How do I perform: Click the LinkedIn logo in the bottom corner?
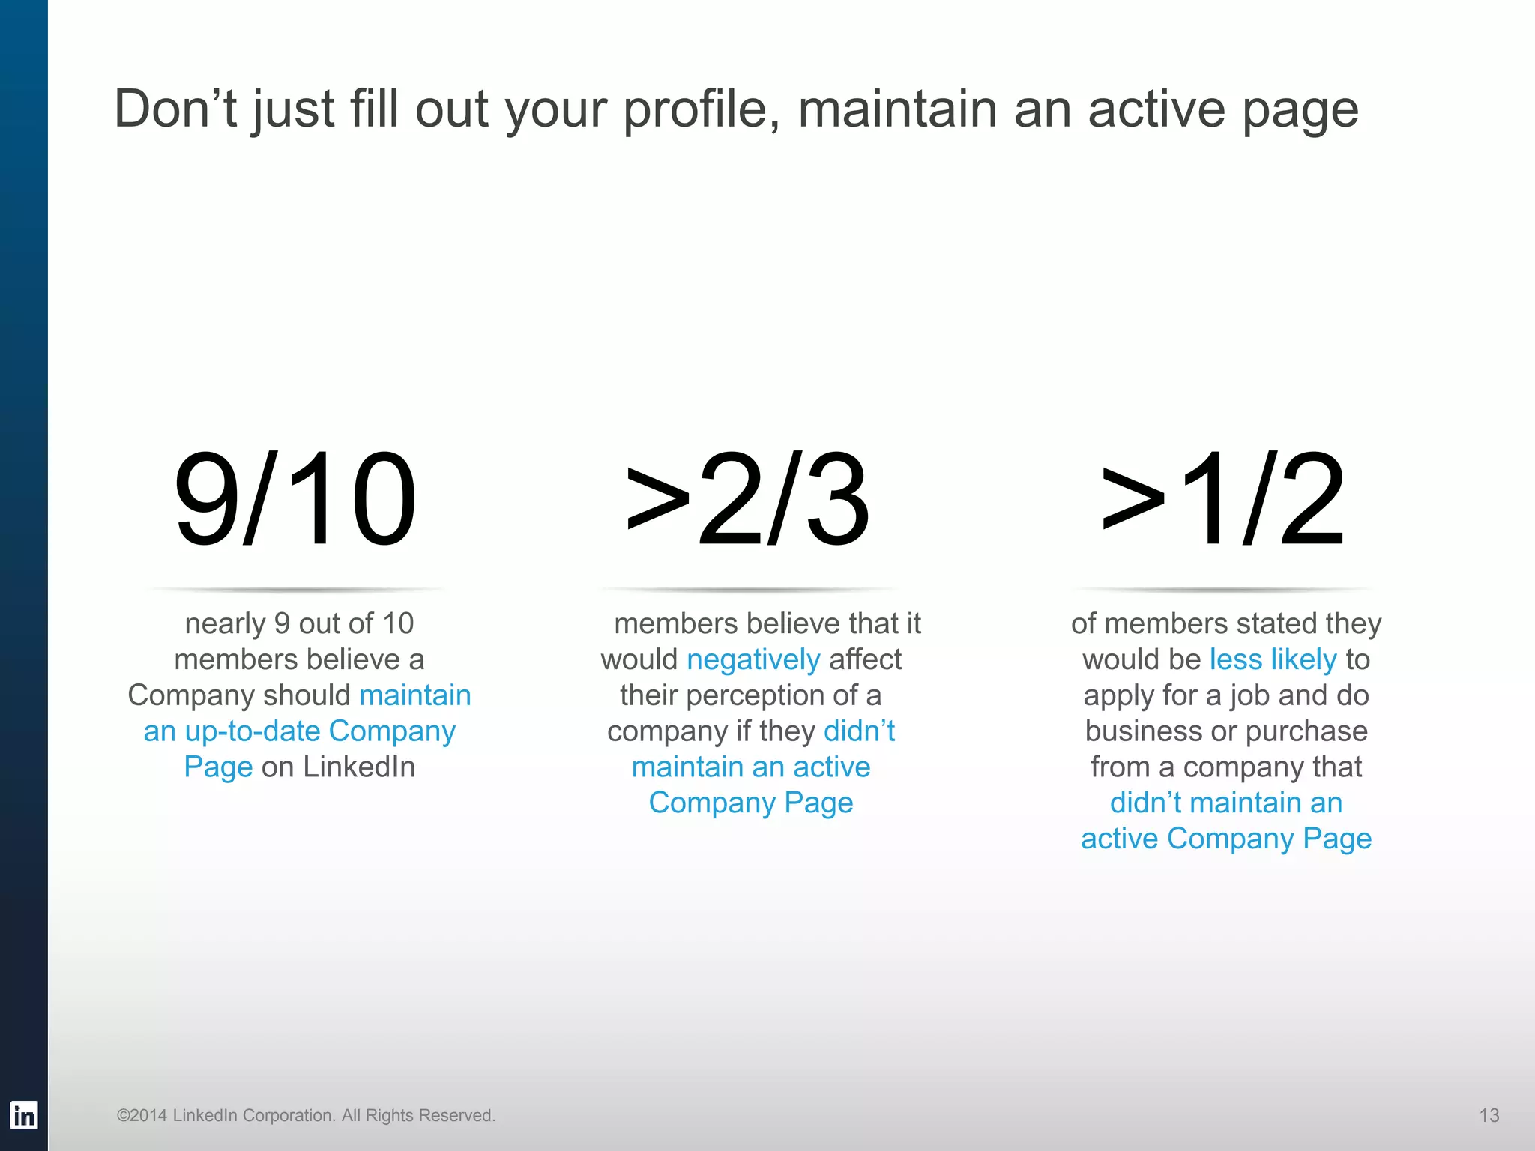tap(23, 1115)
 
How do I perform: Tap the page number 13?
tap(1489, 1115)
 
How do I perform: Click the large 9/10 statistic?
tap(295, 499)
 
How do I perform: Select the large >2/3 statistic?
tap(748, 499)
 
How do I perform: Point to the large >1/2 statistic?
tap(1223, 499)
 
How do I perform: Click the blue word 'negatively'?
tap(753, 659)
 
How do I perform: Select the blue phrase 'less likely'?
tap(1273, 659)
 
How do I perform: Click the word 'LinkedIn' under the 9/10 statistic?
tap(358, 767)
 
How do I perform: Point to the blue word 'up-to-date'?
tap(253, 731)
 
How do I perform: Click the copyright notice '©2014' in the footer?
tap(142, 1115)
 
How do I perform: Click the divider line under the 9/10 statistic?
tap(297, 590)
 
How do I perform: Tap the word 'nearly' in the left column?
tap(225, 623)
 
